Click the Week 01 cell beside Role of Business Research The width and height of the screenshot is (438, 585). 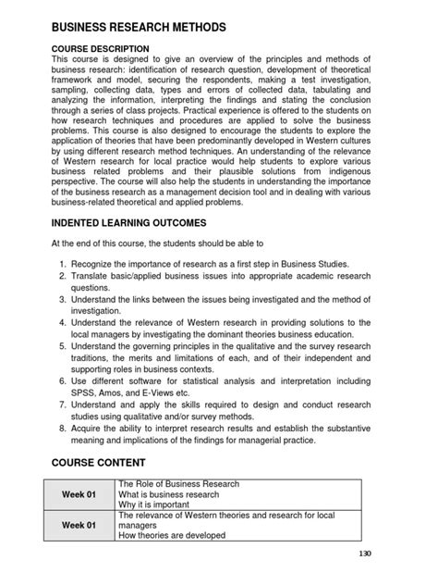point(79,495)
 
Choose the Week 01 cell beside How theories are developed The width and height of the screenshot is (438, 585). point(79,525)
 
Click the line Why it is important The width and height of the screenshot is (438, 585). point(154,505)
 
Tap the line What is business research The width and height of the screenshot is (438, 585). point(168,494)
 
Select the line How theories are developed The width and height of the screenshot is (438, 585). point(172,535)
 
